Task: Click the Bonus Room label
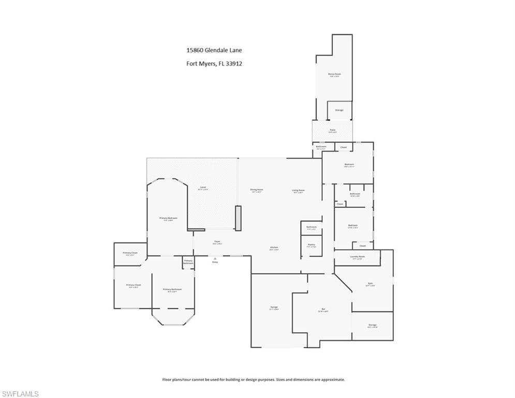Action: pos(334,74)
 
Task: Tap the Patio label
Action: pos(333,130)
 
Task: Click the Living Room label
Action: pos(298,190)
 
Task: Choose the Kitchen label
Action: pos(274,248)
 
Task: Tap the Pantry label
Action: pos(311,245)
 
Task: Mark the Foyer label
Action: pos(218,241)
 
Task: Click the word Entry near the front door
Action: pos(215,262)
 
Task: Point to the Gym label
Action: pos(371,283)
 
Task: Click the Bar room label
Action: pos(323,309)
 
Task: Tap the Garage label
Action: pos(274,307)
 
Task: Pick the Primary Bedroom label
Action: pos(168,218)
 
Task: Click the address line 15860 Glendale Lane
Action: pos(214,50)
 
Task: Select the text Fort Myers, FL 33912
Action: pos(214,64)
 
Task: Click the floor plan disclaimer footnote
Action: pos(254,379)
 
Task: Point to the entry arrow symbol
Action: pos(215,258)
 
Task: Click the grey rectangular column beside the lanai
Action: pos(238,218)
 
